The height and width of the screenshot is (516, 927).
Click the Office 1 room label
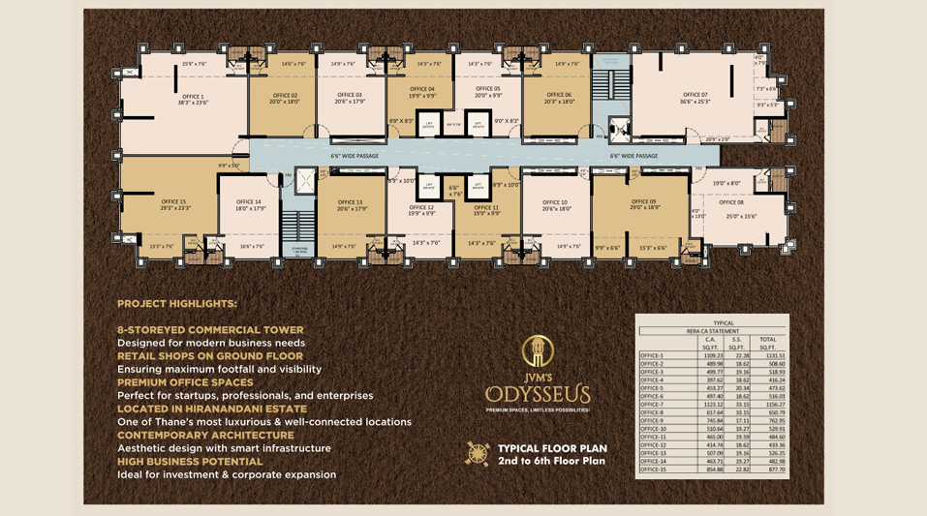pos(192,97)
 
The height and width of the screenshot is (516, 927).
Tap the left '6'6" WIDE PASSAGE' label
pos(354,155)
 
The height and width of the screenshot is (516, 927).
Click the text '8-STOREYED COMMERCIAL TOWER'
pos(210,330)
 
